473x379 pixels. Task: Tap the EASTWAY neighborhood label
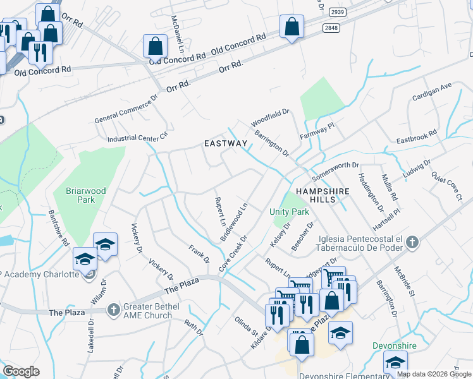coord(226,144)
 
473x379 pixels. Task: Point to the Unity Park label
coord(289,212)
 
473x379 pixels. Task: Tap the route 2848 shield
coord(331,28)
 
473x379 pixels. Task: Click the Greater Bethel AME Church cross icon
coord(113,309)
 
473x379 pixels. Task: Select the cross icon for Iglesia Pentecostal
coord(412,242)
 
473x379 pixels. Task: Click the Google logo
coord(21,371)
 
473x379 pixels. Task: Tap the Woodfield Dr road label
coord(270,117)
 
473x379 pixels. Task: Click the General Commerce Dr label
coord(126,111)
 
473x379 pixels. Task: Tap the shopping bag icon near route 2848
coord(292,27)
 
